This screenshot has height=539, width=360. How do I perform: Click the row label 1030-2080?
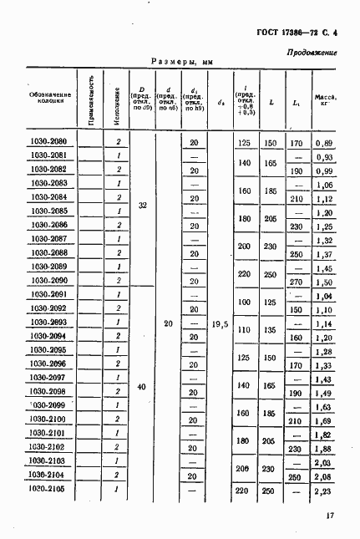[48, 142]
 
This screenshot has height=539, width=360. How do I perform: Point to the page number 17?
[330, 516]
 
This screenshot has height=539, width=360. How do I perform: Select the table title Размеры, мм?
[184, 62]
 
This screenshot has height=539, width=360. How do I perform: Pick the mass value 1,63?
[324, 406]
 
